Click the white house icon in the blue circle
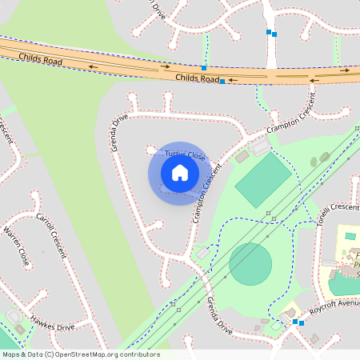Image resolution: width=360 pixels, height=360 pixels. click(180, 172)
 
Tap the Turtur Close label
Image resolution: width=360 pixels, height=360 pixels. click(184, 154)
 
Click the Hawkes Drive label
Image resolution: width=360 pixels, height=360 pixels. click(52, 322)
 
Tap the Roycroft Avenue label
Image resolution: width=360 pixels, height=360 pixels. click(335, 307)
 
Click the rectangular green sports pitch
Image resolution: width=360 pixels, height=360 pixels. click(263, 180)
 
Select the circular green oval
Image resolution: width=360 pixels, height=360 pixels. click(250, 264)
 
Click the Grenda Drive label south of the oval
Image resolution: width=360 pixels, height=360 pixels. click(218, 315)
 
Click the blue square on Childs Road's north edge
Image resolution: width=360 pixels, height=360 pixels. click(204, 68)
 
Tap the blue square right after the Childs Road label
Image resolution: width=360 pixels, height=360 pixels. click(222, 82)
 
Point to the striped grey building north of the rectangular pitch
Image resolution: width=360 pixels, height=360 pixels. click(260, 146)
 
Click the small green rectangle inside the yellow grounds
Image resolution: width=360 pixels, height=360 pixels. click(350, 236)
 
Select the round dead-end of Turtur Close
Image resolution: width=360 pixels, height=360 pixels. click(150, 149)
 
